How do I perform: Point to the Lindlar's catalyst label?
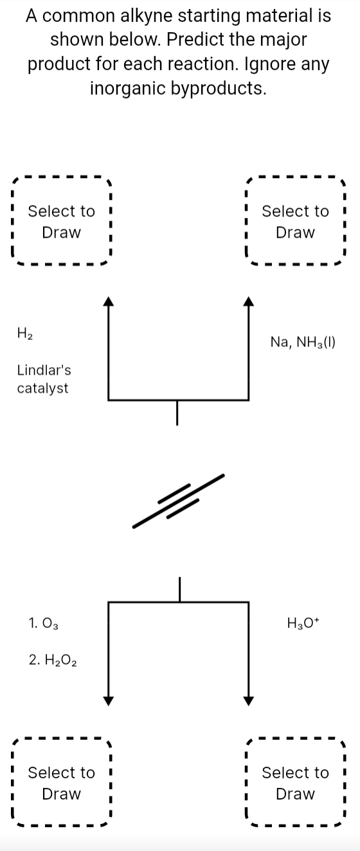44,379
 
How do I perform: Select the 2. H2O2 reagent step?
53,659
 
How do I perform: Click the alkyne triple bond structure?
179,501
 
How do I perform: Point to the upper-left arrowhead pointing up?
109,301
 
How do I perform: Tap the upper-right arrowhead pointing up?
249,301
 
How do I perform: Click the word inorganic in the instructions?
126,87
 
